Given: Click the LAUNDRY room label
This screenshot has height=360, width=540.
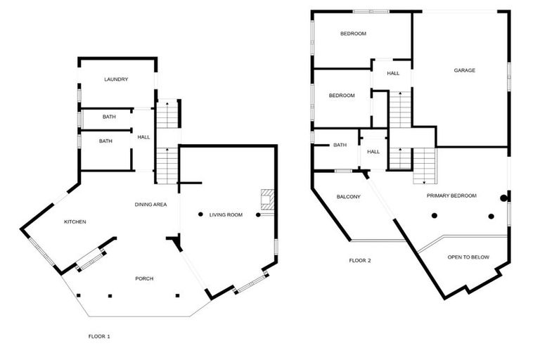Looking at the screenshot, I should pyautogui.click(x=116, y=79).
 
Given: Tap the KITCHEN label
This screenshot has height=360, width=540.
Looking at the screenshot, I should pyautogui.click(x=75, y=222).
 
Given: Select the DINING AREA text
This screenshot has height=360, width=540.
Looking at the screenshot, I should pyautogui.click(x=150, y=205).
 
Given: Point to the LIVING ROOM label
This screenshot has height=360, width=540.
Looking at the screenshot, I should pyautogui.click(x=226, y=214).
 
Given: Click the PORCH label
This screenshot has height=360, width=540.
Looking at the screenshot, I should pyautogui.click(x=144, y=278).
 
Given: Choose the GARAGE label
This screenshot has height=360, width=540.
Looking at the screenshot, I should pyautogui.click(x=464, y=70).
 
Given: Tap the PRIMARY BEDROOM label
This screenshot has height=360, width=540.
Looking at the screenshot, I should pyautogui.click(x=451, y=195).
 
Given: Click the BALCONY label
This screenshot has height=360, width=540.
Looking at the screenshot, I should pyautogui.click(x=348, y=197).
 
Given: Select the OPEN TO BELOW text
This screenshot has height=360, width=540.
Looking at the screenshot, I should pyautogui.click(x=468, y=257).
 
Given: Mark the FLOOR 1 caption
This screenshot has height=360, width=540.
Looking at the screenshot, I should pyautogui.click(x=99, y=337).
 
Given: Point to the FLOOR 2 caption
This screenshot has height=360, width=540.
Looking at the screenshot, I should pyautogui.click(x=360, y=261).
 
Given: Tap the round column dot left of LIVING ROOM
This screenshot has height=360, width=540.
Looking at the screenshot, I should pyautogui.click(x=200, y=214).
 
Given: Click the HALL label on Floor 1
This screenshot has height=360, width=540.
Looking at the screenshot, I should pyautogui.click(x=143, y=137).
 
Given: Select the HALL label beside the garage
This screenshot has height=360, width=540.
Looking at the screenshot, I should pyautogui.click(x=393, y=73).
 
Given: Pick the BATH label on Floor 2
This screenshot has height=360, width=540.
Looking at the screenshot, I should pyautogui.click(x=340, y=146).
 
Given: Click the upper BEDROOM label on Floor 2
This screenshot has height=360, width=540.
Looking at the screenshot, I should pyautogui.click(x=353, y=34).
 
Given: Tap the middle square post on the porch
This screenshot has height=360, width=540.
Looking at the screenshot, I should pyautogui.click(x=110, y=295).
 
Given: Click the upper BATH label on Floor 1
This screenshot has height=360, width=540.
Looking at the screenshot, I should pyautogui.click(x=109, y=117).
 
